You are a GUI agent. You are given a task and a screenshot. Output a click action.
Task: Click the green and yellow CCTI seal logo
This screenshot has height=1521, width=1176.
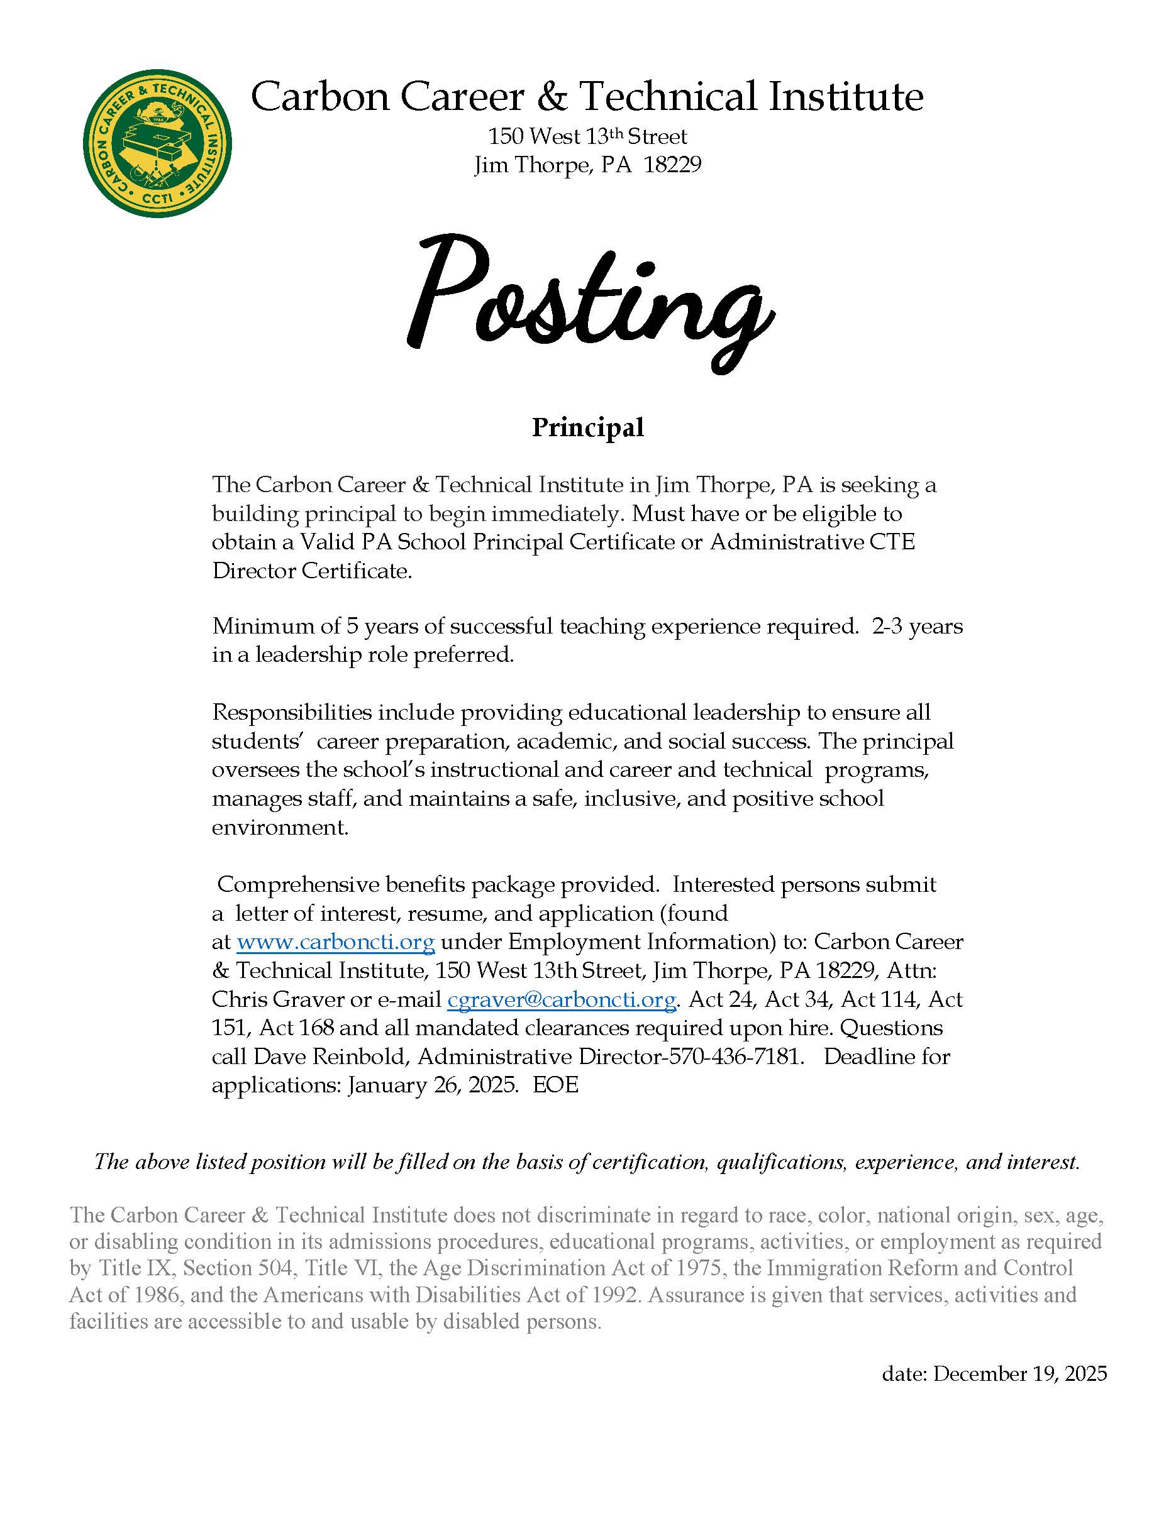pyautogui.click(x=157, y=143)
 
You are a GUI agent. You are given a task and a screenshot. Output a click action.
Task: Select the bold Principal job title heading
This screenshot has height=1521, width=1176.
pyautogui.click(x=588, y=427)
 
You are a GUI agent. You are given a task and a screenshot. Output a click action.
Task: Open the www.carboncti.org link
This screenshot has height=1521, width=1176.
pyautogui.click(x=336, y=942)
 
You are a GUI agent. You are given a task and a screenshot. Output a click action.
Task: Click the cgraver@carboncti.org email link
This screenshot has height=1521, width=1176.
pyautogui.click(x=562, y=999)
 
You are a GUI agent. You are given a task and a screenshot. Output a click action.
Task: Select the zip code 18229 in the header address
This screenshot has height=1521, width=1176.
pyautogui.click(x=672, y=165)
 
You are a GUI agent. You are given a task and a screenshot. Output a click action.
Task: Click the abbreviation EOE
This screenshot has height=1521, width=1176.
pyautogui.click(x=556, y=1085)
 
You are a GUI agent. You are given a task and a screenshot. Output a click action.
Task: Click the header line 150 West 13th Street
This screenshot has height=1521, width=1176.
pyautogui.click(x=587, y=136)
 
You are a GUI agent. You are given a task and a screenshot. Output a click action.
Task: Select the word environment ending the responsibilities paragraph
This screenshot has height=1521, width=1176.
pyautogui.click(x=279, y=827)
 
